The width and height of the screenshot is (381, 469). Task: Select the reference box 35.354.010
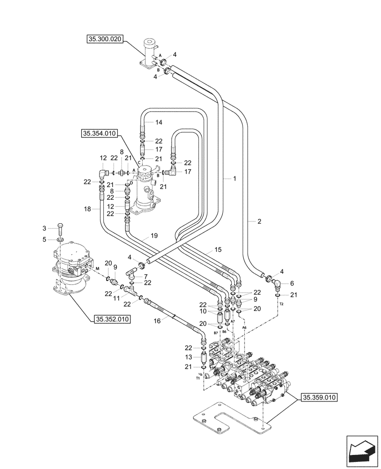99,134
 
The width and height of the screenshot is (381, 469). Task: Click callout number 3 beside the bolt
45,228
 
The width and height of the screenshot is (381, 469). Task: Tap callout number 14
159,122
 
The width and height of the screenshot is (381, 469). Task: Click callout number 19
154,235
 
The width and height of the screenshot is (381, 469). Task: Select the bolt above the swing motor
60,230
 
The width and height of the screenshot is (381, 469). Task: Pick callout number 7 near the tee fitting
146,277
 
